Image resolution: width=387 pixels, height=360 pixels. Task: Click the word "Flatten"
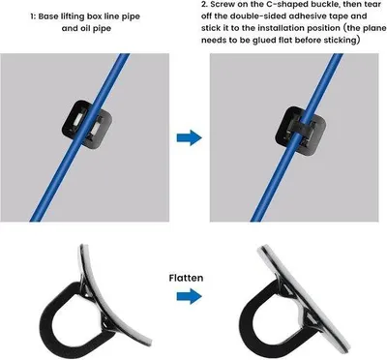[186, 278]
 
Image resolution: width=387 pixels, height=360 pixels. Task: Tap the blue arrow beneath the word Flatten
[189, 296]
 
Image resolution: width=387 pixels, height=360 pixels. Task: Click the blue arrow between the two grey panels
[189, 137]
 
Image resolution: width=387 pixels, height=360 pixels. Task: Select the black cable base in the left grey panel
[86, 125]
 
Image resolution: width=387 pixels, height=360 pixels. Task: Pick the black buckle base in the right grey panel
[300, 130]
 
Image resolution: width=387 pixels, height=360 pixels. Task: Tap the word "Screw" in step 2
[223, 4]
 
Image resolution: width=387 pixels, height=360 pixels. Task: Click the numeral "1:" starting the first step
[33, 16]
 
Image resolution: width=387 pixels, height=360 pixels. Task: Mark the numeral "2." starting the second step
[204, 4]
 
